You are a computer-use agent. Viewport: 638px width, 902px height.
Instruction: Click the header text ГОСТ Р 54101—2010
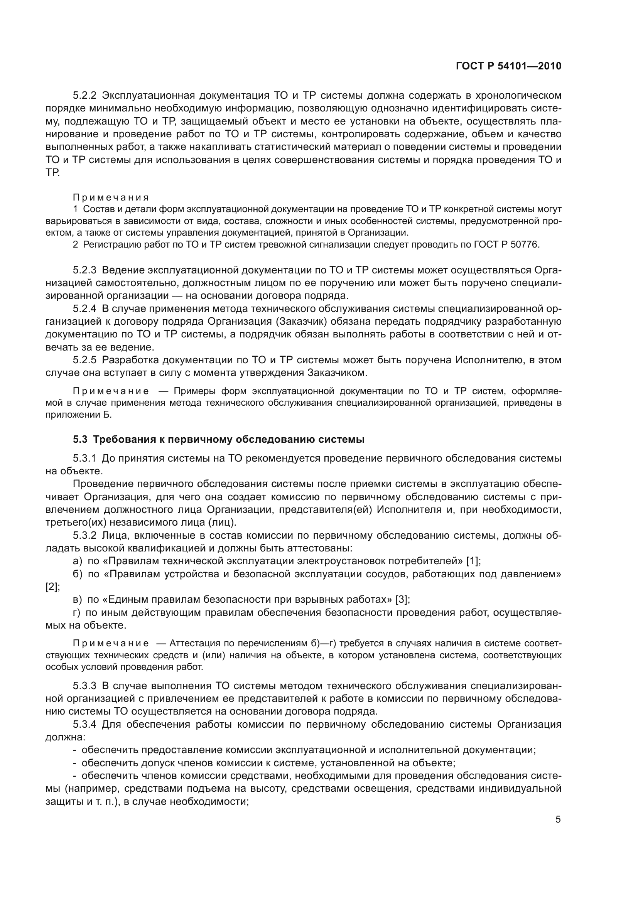(508, 66)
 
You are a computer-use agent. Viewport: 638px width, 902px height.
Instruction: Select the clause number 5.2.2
(84, 96)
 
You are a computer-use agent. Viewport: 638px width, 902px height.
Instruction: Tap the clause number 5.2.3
(84, 270)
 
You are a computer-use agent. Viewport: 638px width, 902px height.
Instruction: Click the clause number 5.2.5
(84, 360)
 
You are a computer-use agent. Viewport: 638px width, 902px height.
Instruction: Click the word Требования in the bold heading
(123, 440)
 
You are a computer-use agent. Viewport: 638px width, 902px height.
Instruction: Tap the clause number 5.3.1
(84, 459)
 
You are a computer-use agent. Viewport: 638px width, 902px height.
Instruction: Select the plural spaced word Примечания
(111, 197)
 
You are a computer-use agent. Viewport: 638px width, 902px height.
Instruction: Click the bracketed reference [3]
(403, 600)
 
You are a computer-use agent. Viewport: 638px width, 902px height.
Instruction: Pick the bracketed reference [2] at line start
(52, 587)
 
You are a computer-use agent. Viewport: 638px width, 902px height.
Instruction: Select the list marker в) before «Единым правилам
(78, 600)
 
